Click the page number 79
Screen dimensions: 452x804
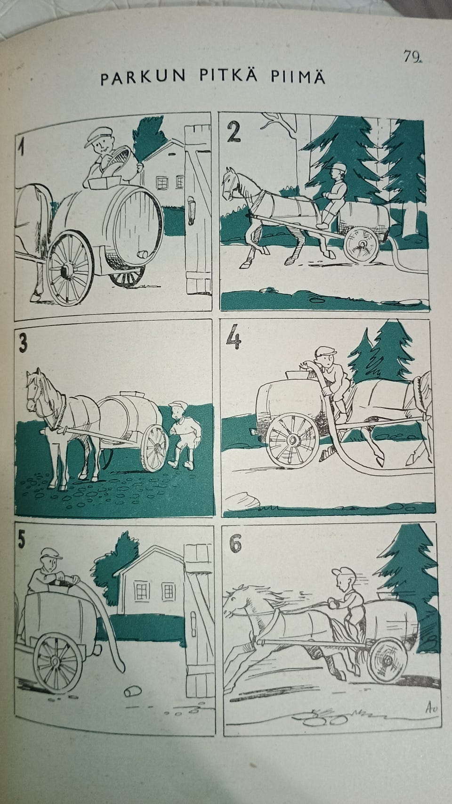pyautogui.click(x=412, y=57)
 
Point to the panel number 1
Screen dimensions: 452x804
pyautogui.click(x=22, y=147)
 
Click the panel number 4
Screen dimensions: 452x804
pyautogui.click(x=234, y=336)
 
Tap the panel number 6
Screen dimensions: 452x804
pyautogui.click(x=235, y=544)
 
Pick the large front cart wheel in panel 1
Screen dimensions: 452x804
pyautogui.click(x=70, y=268)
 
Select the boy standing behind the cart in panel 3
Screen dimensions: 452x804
pyautogui.click(x=183, y=435)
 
